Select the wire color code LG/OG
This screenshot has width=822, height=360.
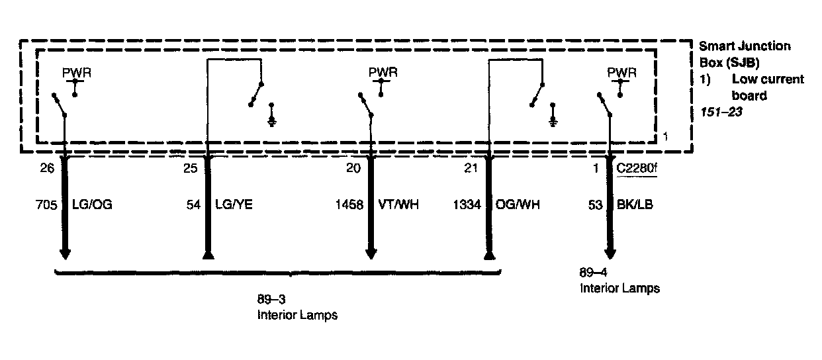(x=91, y=205)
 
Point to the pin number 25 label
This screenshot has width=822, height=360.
(x=191, y=169)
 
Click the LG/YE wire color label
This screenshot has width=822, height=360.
(x=233, y=205)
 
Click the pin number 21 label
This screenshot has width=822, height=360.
(x=471, y=169)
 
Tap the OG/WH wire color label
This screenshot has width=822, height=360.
(x=518, y=205)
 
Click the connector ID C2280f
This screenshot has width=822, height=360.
(x=637, y=169)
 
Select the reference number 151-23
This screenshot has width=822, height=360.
(x=721, y=112)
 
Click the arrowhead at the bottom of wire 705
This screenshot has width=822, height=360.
(x=65, y=254)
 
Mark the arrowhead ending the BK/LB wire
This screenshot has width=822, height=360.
(x=610, y=254)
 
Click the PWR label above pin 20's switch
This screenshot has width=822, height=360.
(x=383, y=71)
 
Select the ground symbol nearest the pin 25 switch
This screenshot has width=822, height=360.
(x=272, y=120)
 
